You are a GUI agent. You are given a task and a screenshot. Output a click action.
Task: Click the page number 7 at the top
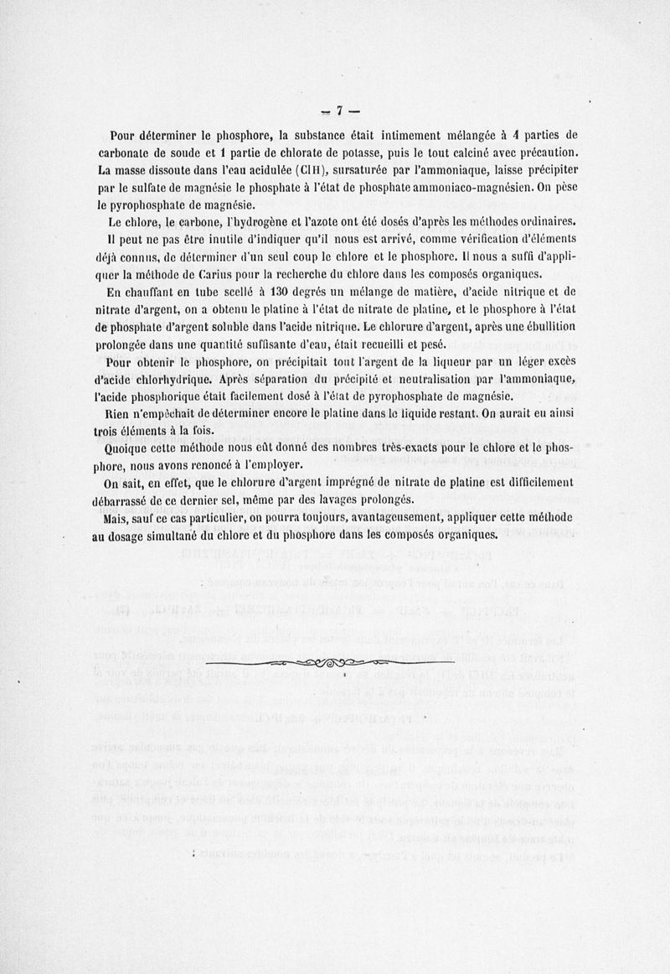click(341, 110)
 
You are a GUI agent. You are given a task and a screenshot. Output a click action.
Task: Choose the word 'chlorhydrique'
click(164, 378)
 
